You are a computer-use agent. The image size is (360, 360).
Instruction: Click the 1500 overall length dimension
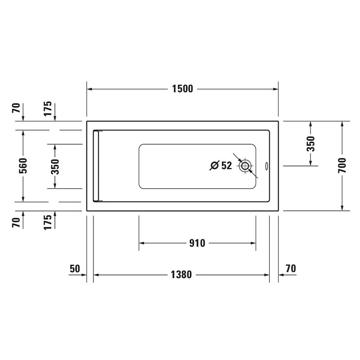pyautogui.click(x=183, y=89)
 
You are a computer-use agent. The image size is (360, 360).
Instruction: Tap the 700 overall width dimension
pyautogui.click(x=342, y=166)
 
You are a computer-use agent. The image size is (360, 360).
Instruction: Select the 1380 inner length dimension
pyautogui.click(x=181, y=274)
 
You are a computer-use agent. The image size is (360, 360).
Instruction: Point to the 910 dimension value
pyautogui.click(x=197, y=243)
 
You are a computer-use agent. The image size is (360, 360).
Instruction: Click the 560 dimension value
pyautogui.click(x=23, y=166)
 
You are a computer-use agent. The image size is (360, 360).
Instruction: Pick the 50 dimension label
pyautogui.click(x=75, y=269)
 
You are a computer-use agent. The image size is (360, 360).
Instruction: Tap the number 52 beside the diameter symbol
pyautogui.click(x=227, y=165)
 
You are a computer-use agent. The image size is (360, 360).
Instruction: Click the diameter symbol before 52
pyautogui.click(x=215, y=165)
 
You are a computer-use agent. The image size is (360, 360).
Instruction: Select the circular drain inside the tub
pyautogui.click(x=245, y=166)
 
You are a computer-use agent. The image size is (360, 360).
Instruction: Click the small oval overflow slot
pyautogui.click(x=266, y=166)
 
